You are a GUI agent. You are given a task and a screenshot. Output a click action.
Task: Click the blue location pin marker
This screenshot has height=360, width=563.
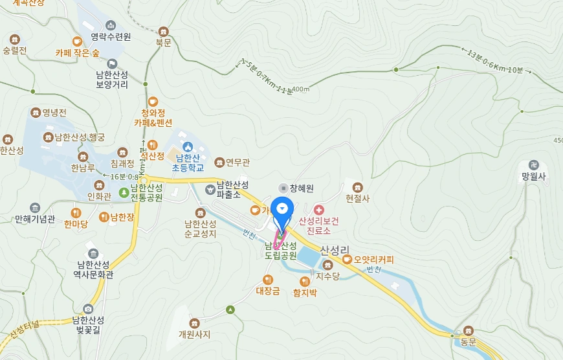282,209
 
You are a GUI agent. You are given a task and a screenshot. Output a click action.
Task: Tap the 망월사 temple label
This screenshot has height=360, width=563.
534,175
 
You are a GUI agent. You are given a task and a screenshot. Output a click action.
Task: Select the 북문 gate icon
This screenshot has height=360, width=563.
163,31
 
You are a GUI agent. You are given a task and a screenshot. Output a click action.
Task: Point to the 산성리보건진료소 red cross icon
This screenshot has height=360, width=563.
318,210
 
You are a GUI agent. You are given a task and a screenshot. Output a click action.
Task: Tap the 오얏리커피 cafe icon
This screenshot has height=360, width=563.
348,260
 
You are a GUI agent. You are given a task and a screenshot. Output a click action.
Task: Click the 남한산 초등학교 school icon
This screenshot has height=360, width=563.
188,146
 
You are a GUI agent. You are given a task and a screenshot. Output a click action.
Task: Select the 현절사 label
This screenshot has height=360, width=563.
357,198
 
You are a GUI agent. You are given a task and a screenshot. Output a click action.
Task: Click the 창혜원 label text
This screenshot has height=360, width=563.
301,188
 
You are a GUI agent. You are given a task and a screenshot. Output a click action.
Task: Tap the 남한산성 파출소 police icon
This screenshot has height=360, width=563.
210,189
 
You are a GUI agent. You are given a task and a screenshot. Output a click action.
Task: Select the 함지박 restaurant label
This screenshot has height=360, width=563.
305,292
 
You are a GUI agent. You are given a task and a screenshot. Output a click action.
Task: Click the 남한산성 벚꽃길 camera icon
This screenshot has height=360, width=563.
88,309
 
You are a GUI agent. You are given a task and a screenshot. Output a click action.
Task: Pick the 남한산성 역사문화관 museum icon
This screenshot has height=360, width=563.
93,253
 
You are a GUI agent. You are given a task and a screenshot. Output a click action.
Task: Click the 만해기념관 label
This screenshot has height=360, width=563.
35,219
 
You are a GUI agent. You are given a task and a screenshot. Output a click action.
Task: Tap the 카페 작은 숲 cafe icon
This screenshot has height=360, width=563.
77,42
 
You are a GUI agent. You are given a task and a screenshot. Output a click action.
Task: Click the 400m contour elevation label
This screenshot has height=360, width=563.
301,89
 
